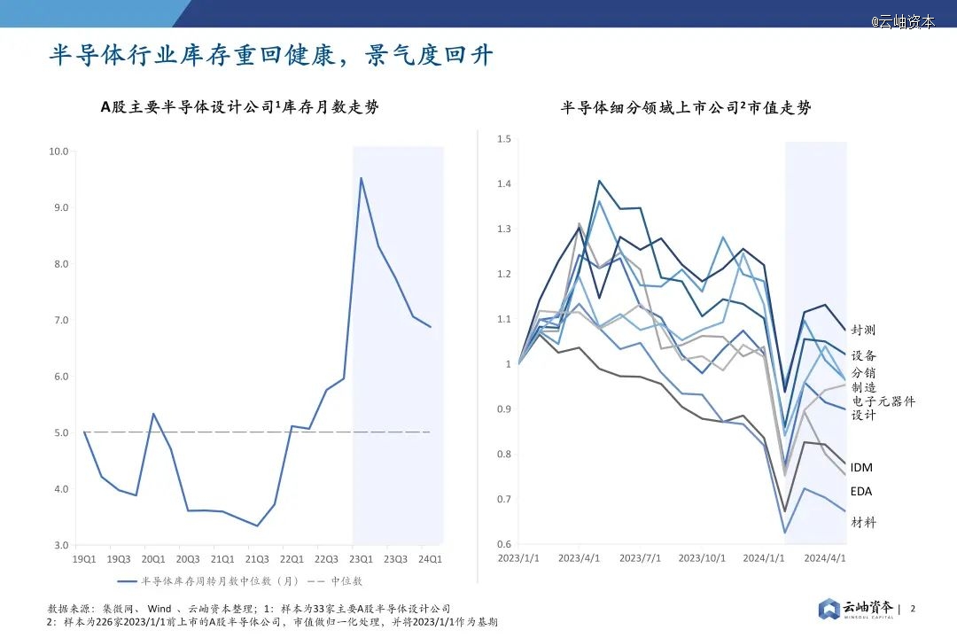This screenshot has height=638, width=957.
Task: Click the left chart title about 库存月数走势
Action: coord(239,108)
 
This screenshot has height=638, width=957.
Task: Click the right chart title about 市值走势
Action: coord(686,108)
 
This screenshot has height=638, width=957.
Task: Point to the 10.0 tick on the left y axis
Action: coord(58,152)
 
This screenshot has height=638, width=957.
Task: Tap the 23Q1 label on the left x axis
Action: coord(361,559)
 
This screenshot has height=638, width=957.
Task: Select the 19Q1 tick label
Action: coord(84,559)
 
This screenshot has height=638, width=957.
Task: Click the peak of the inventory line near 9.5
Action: coord(361,178)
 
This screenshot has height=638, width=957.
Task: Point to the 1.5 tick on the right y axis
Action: coord(504,139)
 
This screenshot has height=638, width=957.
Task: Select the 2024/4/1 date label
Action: coord(824,558)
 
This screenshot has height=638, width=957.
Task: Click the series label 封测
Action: coord(863,330)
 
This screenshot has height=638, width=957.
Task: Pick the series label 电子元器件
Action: coord(883,401)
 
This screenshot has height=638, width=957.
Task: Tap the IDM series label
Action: coord(861,467)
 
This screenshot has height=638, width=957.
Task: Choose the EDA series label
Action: coord(861,491)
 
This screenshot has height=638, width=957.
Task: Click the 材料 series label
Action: coord(863,522)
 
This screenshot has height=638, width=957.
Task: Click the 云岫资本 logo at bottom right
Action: coord(856,609)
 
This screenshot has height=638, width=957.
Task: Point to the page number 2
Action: coord(913,609)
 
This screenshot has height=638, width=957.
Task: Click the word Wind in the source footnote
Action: coord(159,609)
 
